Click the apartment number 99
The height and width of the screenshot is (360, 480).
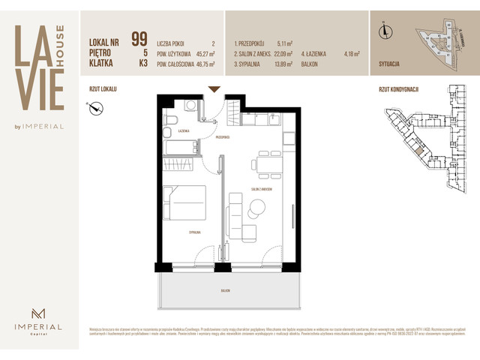(x=139, y=39)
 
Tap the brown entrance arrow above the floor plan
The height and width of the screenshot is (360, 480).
(x=214, y=89)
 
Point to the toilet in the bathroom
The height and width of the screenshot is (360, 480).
(x=170, y=121)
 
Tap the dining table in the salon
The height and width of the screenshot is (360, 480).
(x=267, y=163)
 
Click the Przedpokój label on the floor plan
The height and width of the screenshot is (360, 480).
(x=223, y=138)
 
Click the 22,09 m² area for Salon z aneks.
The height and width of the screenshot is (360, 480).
(x=281, y=54)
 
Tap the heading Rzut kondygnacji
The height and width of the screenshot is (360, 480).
(x=398, y=89)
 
